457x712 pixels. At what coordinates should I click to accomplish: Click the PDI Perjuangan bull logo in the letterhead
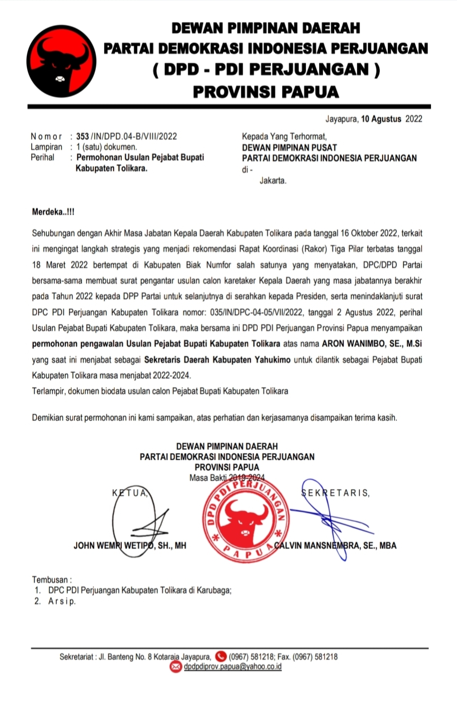pyautogui.click(x=62, y=61)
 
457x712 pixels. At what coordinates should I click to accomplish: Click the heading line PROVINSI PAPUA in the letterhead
pyautogui.click(x=265, y=92)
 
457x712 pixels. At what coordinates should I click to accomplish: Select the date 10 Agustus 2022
pyautogui.click(x=391, y=119)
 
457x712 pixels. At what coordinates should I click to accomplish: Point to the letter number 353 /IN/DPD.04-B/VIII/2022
pyautogui.click(x=126, y=136)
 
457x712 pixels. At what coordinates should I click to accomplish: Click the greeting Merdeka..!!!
pyautogui.click(x=53, y=212)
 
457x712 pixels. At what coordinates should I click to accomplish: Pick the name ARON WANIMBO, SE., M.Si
pyautogui.click(x=372, y=344)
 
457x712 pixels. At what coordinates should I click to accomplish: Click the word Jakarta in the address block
pyautogui.click(x=273, y=180)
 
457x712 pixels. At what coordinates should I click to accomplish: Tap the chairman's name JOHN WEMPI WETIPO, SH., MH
pyautogui.click(x=129, y=545)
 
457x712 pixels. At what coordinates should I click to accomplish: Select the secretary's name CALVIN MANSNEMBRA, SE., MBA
pyautogui.click(x=336, y=545)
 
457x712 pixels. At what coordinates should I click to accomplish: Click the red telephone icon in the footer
pyautogui.click(x=220, y=656)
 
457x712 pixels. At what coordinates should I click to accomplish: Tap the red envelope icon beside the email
pyautogui.click(x=176, y=667)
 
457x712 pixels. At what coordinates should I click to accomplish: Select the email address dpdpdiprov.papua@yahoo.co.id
pyautogui.click(x=232, y=666)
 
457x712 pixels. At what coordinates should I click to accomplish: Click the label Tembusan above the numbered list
pyautogui.click(x=51, y=580)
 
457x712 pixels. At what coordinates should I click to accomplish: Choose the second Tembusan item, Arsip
pyautogui.click(x=62, y=601)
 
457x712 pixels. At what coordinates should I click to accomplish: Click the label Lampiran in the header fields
pyautogui.click(x=46, y=147)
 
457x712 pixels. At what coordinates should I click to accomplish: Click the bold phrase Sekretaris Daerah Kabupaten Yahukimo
pyautogui.click(x=217, y=359)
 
